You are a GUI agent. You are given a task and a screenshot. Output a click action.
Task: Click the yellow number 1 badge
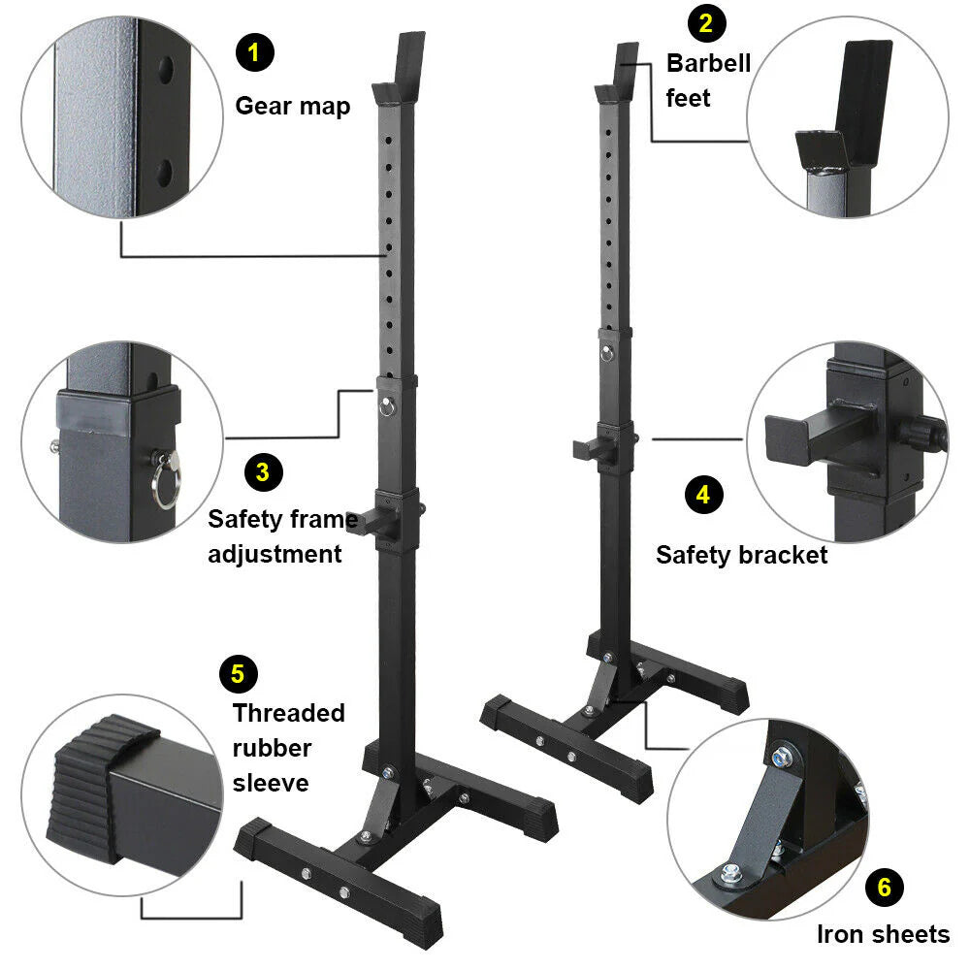(x=254, y=51)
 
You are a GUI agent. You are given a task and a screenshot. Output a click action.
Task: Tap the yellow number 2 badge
(x=705, y=23)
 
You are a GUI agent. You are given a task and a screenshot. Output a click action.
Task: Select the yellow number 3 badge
(x=263, y=472)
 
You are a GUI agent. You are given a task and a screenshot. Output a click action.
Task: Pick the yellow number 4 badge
(x=703, y=495)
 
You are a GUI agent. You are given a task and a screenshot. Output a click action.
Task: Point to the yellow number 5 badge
(x=238, y=672)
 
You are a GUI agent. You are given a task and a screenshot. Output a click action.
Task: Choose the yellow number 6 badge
(x=884, y=887)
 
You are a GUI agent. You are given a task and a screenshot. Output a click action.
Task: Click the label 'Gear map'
(x=292, y=106)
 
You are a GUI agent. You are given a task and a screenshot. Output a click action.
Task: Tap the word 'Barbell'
(x=708, y=64)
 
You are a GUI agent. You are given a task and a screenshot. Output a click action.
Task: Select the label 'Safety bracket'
(x=741, y=555)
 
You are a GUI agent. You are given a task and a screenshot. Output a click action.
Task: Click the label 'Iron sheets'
(x=883, y=934)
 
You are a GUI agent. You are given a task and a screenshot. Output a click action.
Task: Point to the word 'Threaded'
(x=288, y=713)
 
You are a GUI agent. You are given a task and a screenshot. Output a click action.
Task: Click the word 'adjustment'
(x=275, y=554)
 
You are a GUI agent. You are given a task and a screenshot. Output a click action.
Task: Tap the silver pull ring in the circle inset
(x=166, y=483)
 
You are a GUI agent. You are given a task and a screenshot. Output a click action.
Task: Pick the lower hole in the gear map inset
(x=165, y=173)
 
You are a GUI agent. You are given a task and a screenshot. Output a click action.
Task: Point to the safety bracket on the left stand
(x=373, y=519)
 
